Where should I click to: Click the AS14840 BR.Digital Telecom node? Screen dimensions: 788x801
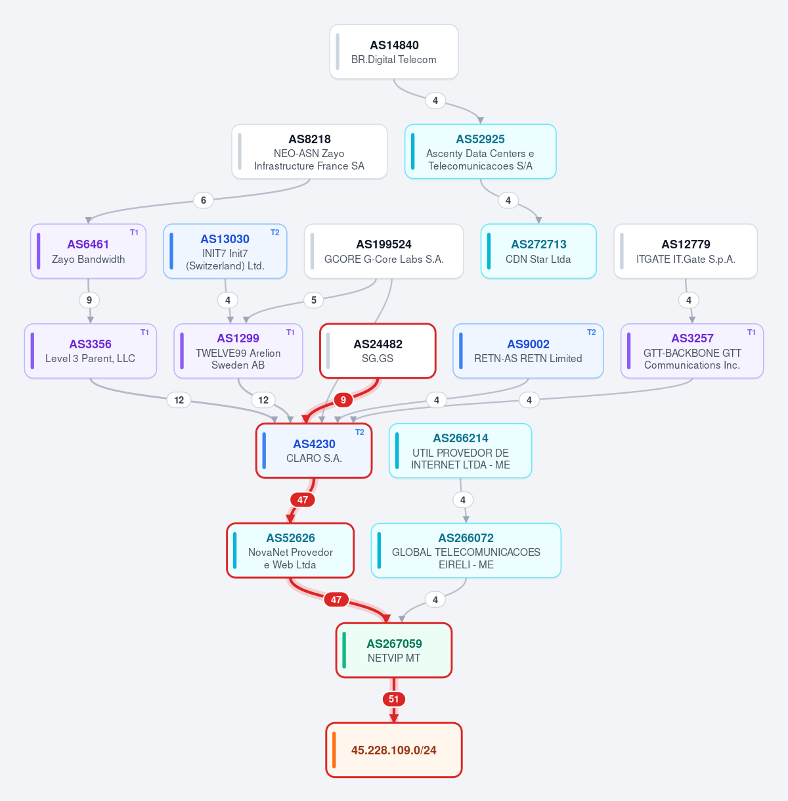pyautogui.click(x=394, y=51)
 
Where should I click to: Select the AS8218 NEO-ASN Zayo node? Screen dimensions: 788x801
pyautogui.click(x=309, y=151)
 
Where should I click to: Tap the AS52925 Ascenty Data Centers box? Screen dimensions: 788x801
pyautogui.click(x=480, y=151)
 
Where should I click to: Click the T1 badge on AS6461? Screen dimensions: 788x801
pyautogui.click(x=134, y=233)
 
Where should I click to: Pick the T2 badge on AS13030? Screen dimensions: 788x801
pyautogui.click(x=275, y=233)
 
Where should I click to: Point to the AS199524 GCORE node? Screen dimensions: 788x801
pyautogui.click(x=384, y=251)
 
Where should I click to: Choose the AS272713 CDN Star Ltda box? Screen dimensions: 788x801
pyautogui.click(x=538, y=251)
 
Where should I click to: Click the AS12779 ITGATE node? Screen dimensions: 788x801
pyautogui.click(x=686, y=251)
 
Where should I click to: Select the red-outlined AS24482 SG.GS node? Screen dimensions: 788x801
pyautogui.click(x=378, y=351)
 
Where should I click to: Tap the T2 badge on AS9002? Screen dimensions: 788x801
pyautogui.click(x=592, y=332)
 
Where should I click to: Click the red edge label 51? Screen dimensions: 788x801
pyautogui.click(x=394, y=699)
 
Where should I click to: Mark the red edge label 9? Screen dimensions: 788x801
pyautogui.click(x=343, y=400)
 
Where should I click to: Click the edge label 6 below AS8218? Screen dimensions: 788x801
pyautogui.click(x=204, y=200)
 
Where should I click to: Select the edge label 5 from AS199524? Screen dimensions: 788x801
pyautogui.click(x=314, y=300)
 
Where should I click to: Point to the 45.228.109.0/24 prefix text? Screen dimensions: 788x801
pyautogui.click(x=394, y=750)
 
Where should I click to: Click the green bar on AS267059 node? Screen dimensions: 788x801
pyautogui.click(x=344, y=650)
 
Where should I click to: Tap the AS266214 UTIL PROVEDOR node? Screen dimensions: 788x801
pyautogui.click(x=460, y=451)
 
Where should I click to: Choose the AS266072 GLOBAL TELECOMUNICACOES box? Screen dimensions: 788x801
pyautogui.click(x=466, y=551)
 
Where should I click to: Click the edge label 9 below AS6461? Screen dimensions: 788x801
pyautogui.click(x=89, y=300)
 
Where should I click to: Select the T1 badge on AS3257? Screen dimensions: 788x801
pyautogui.click(x=751, y=332)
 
